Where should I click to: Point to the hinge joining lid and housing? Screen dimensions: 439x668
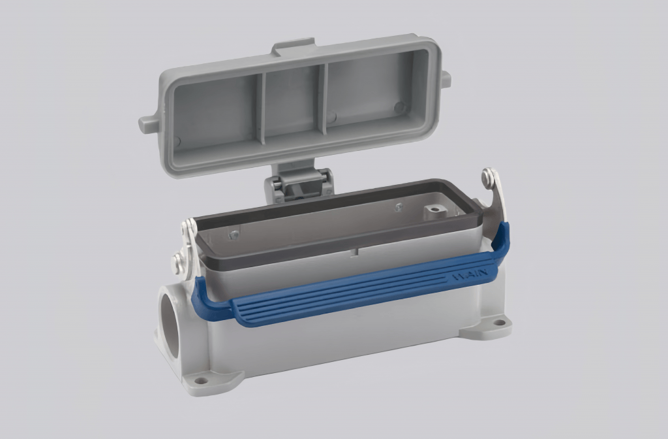[298, 183]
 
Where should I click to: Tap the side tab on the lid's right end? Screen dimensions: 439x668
[446, 78]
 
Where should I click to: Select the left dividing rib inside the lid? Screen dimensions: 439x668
[260, 108]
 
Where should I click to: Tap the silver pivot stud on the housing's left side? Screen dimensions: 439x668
[177, 263]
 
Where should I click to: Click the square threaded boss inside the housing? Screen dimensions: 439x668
[433, 212]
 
